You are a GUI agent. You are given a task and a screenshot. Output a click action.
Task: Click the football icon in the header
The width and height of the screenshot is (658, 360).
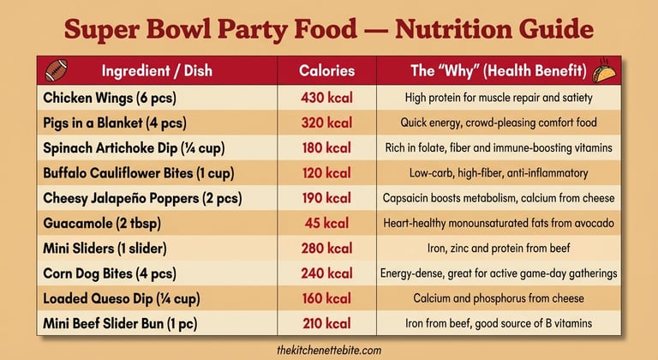[x=57, y=69]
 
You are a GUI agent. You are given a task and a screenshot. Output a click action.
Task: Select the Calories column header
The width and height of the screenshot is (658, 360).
[x=326, y=70]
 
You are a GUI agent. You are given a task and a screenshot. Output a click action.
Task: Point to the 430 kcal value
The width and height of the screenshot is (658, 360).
[x=326, y=98]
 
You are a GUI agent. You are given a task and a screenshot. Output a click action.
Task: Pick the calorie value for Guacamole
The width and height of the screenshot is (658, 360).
[x=326, y=224]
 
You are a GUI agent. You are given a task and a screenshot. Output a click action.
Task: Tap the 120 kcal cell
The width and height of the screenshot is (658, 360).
[x=326, y=173]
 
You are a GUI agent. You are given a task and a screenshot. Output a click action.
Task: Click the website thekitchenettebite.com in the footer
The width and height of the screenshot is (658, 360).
[x=329, y=351]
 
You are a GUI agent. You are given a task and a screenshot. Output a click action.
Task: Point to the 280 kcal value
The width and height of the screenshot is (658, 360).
[x=326, y=249]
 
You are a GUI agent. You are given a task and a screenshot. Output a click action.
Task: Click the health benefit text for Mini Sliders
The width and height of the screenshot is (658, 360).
[x=499, y=249]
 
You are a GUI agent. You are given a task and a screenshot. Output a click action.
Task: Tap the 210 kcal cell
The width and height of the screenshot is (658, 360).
[x=326, y=324]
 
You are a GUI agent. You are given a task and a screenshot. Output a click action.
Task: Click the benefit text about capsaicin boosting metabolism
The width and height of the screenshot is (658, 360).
[x=499, y=198]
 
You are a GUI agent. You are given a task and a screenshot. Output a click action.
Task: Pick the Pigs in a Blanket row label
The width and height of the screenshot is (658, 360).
[x=115, y=123]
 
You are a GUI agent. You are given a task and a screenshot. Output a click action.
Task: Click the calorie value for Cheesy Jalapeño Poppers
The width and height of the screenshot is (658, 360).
[x=326, y=198]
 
